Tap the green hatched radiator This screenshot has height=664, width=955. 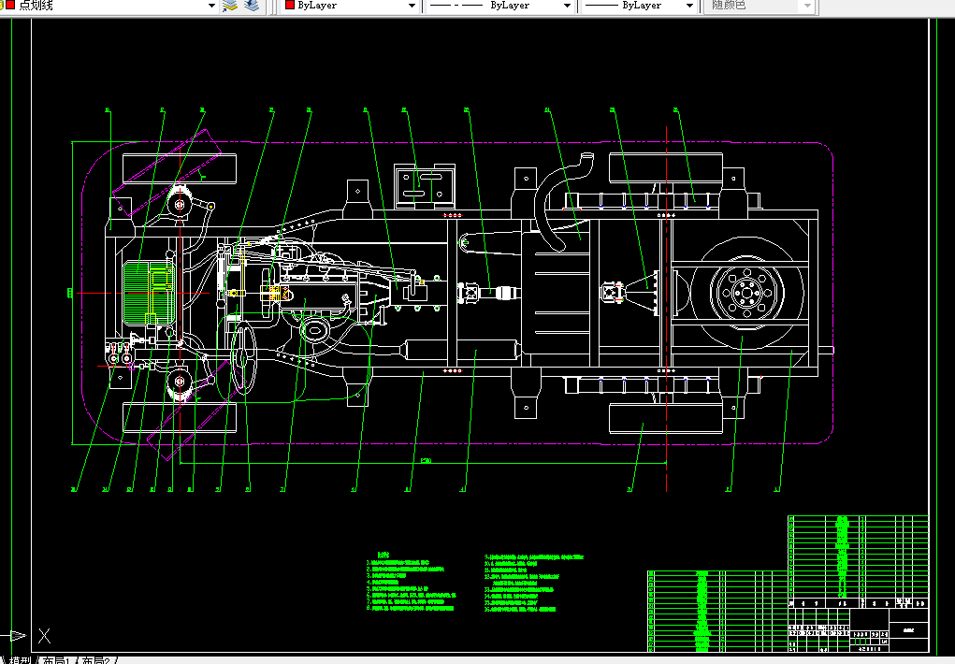[x=149, y=294]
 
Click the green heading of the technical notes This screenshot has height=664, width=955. [x=381, y=555]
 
